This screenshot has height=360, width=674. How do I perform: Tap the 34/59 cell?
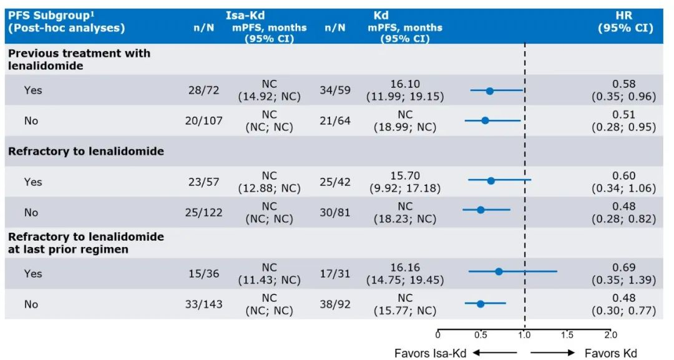click(335, 90)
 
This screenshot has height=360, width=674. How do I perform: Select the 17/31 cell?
click(335, 273)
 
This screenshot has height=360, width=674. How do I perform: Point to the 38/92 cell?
click(335, 304)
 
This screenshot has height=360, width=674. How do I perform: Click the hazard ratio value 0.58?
click(624, 84)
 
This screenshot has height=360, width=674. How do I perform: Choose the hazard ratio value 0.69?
click(624, 267)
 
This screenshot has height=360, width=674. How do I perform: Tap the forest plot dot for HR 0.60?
click(491, 181)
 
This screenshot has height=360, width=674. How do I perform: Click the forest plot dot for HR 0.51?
click(485, 120)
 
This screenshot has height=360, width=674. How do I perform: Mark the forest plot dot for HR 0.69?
click(499, 271)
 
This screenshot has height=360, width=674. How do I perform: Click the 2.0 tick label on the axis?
click(610, 335)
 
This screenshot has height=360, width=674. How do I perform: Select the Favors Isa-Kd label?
click(430, 353)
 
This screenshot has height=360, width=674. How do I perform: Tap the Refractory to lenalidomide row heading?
click(86, 151)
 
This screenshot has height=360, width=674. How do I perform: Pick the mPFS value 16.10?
click(405, 84)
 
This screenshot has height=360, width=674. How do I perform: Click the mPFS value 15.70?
click(405, 176)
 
